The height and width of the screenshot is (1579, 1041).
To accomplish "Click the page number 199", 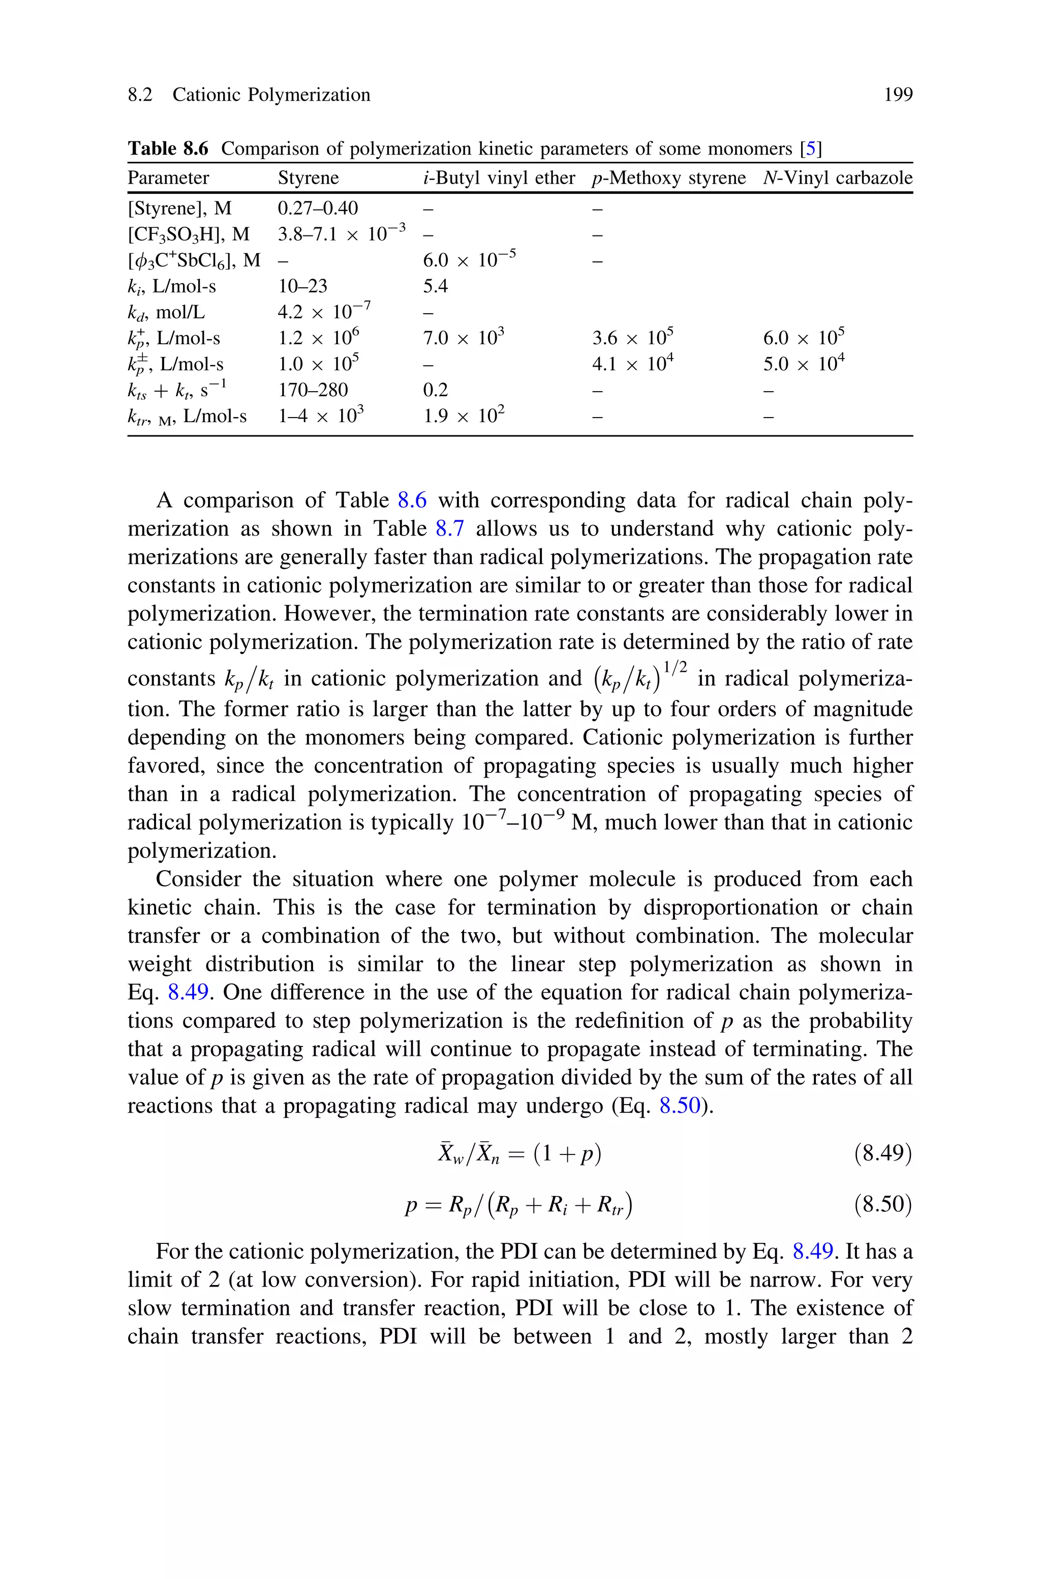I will [x=898, y=95].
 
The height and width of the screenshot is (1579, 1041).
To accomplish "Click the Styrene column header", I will [x=308, y=178].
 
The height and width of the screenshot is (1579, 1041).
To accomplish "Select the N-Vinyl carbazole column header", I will [x=837, y=178].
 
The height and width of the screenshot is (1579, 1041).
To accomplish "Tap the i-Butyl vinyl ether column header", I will [x=499, y=178].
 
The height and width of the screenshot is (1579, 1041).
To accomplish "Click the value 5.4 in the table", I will [x=435, y=286].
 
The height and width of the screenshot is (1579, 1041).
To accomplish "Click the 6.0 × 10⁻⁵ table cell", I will [x=469, y=260].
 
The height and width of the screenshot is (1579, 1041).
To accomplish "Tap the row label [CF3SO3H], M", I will [x=189, y=234].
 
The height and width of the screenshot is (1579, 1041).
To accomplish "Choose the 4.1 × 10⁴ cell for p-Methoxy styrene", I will [x=633, y=364].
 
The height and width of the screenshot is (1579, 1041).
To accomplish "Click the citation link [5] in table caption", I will [x=811, y=148].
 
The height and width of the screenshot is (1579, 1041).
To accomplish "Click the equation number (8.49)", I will [x=882, y=1153].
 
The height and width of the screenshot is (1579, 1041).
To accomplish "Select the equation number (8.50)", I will [x=882, y=1205].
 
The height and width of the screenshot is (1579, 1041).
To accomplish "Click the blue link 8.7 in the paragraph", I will [x=449, y=528].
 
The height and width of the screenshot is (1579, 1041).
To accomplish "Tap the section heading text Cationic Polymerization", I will [x=271, y=95].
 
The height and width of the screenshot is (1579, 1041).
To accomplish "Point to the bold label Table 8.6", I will [x=167, y=148].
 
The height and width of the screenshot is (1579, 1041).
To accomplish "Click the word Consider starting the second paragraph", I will [x=197, y=879].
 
